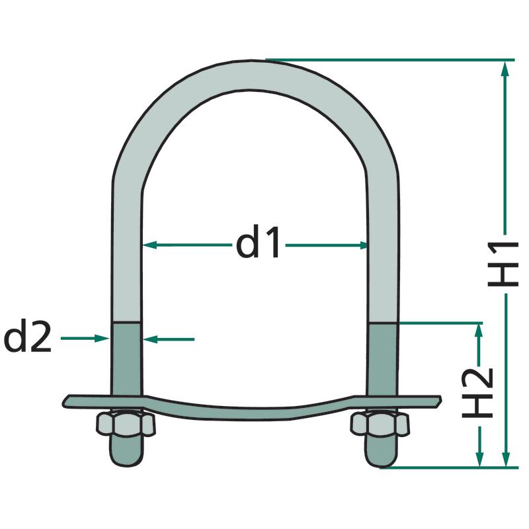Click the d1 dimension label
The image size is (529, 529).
point(258,242)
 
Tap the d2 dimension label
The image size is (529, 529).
point(27,337)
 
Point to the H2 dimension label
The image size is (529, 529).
point(477,393)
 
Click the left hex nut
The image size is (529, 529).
point(126,424)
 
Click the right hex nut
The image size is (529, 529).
point(380,424)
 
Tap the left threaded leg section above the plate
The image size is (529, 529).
point(126,358)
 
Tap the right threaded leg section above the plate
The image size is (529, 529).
point(383,359)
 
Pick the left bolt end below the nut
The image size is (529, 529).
point(126,451)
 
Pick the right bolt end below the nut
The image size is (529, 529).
point(380,451)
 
